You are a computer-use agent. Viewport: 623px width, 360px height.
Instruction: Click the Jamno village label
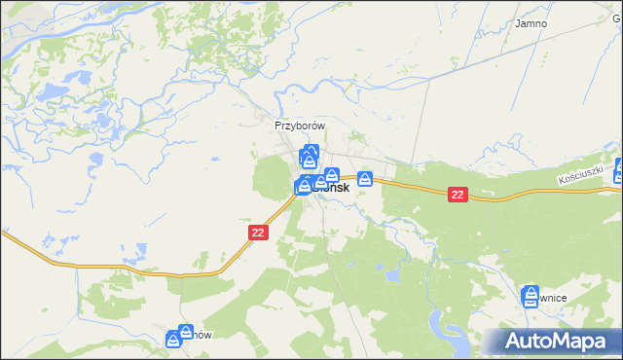point(531,22)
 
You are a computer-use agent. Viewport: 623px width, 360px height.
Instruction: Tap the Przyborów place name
point(298,126)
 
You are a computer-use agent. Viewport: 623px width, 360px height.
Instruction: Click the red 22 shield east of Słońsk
point(458,195)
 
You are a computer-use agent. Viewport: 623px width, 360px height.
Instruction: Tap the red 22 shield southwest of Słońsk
point(258,233)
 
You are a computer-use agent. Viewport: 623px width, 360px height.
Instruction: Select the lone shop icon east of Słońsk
point(365,179)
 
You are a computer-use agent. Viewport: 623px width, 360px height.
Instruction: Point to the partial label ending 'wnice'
point(550,300)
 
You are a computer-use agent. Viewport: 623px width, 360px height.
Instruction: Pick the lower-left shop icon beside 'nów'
point(173,340)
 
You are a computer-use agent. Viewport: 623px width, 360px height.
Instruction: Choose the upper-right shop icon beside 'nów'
point(186,332)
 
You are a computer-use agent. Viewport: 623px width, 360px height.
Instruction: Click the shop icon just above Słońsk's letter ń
point(331,175)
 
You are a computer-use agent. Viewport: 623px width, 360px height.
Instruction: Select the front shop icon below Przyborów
point(309,161)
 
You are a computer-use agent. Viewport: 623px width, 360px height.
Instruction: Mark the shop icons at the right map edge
point(618,170)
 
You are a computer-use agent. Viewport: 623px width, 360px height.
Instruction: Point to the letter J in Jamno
point(519,22)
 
